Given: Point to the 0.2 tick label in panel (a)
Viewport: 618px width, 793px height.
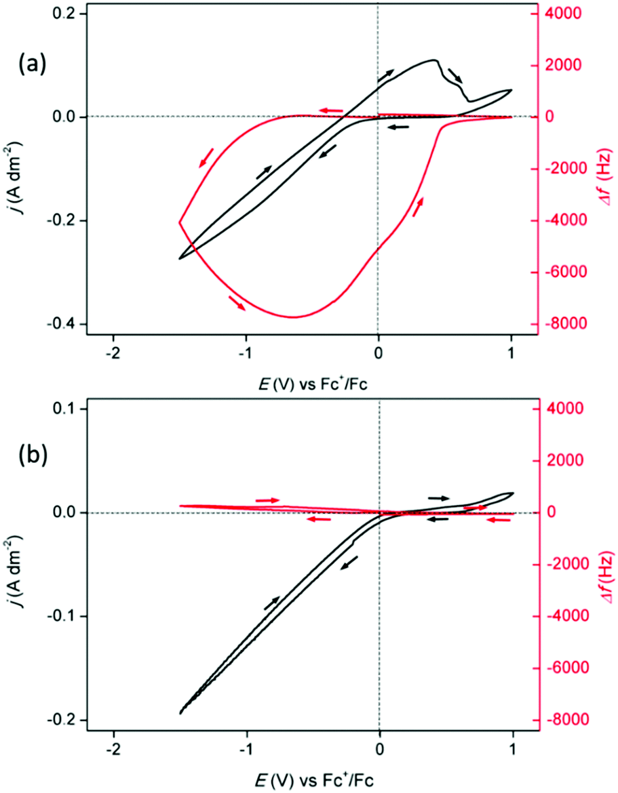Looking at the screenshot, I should pos(65,14).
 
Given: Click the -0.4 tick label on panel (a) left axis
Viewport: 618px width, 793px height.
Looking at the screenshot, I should pos(62,325).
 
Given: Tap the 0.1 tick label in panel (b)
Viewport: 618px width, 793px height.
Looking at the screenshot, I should pos(65,409).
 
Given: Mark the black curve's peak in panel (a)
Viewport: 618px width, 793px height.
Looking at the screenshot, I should pos(434,60).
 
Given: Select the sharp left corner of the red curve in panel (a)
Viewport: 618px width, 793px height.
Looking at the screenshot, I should pos(180,222).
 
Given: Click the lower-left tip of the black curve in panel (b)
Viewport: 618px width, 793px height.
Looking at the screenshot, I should pos(180,713).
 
